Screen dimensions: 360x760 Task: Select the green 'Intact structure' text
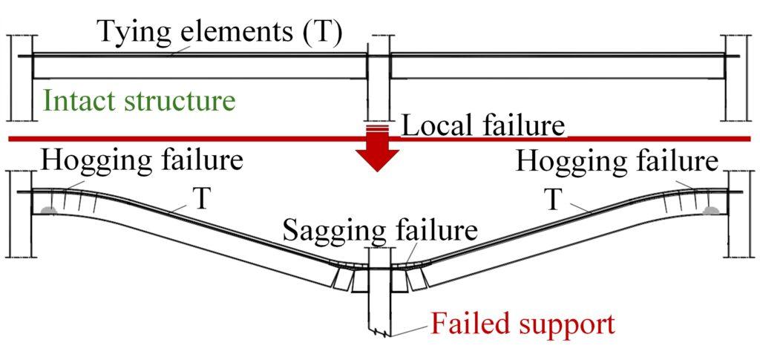click(x=139, y=100)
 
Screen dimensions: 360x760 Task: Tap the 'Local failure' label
click(x=482, y=125)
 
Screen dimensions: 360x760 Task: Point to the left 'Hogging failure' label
click(x=142, y=160)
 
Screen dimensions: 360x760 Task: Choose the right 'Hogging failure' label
click(x=617, y=160)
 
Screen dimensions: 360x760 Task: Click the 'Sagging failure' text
click(x=379, y=229)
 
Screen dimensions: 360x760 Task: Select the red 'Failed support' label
click(x=522, y=324)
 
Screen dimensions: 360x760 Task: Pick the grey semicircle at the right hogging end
click(x=710, y=212)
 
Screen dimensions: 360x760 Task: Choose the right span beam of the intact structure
click(x=557, y=68)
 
